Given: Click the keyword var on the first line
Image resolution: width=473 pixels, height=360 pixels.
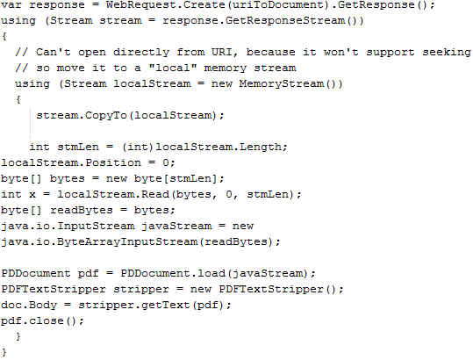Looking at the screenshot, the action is [11, 4].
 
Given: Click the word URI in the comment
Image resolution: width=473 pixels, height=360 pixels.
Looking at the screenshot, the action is [222, 52].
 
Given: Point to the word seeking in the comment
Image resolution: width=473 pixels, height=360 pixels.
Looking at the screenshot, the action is [447, 53].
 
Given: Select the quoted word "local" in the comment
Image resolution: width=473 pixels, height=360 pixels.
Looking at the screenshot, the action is [173, 68].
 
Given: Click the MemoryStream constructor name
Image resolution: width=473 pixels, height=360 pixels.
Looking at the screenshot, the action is [282, 83].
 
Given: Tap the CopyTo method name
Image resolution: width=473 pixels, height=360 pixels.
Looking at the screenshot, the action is [105, 116].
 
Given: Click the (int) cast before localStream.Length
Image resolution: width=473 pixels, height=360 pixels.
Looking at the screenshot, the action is [138, 147].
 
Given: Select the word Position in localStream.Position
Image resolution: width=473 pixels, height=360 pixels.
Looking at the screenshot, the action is [113, 162].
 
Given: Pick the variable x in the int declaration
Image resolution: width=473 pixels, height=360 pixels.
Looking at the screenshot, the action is [32, 195].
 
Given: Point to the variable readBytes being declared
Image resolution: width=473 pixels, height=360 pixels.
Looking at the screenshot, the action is [82, 210].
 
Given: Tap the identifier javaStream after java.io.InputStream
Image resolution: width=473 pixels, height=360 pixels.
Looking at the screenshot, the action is [176, 226].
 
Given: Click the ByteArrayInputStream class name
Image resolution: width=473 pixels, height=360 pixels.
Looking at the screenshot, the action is [126, 242].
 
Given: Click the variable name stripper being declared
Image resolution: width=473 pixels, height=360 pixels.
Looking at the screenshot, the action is [141, 290].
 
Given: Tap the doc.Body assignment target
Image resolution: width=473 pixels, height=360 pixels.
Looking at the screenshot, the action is [29, 305].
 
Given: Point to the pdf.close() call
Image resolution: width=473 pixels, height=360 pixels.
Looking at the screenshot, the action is [42, 320].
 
